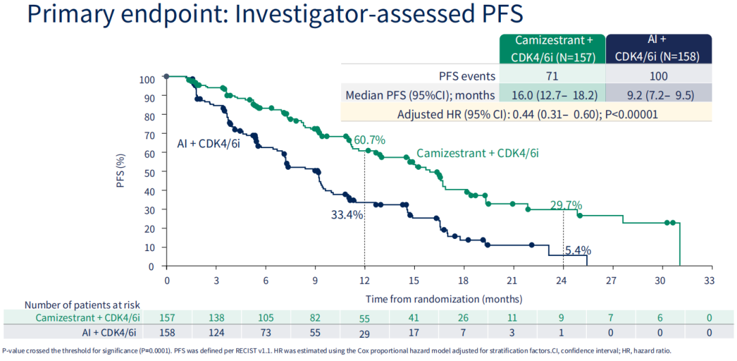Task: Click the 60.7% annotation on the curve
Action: coord(369,140)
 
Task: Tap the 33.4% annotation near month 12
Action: coord(347,214)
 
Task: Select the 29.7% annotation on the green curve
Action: coord(566,205)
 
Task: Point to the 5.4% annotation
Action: coord(577,250)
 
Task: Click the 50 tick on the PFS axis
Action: coord(147,173)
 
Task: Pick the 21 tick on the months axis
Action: coord(513,280)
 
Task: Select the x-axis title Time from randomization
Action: coord(444,299)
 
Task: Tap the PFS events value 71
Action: coord(553,76)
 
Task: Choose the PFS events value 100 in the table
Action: coord(659,76)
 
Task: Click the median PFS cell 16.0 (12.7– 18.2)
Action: coord(553,95)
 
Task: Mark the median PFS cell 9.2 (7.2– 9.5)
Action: coord(659,95)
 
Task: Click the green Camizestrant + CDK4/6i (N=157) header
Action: coord(552,48)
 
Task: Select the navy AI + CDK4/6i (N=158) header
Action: coord(658,48)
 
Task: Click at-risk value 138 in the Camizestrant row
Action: coord(216,317)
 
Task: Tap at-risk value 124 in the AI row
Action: coord(216,332)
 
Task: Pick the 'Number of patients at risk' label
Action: coord(82,304)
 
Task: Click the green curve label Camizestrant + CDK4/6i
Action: coord(478,154)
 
